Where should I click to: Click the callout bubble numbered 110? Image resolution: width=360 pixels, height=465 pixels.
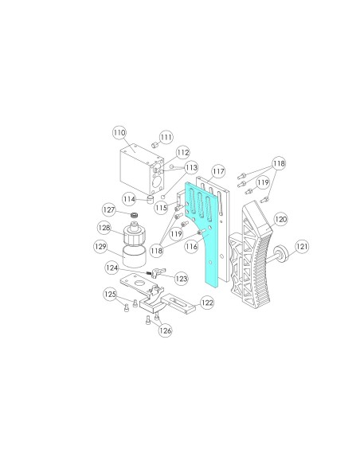[x=119, y=132]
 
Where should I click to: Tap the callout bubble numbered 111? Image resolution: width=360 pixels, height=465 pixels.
[x=166, y=137]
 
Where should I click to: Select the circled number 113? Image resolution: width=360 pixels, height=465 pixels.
[x=191, y=167]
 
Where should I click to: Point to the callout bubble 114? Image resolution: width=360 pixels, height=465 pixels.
[x=129, y=199]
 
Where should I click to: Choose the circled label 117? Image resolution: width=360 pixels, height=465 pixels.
[x=218, y=171]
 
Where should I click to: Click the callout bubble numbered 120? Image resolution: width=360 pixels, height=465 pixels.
[x=280, y=220]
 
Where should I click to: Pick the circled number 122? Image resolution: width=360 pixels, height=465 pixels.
[x=207, y=303]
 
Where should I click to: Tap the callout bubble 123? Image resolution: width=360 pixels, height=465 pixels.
[x=181, y=279]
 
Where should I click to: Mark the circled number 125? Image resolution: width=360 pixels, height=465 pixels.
[x=111, y=294]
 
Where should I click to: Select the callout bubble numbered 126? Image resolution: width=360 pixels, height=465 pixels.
[x=165, y=330]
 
